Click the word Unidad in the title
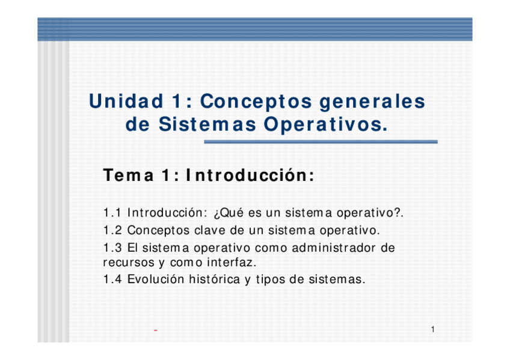tap(126, 101)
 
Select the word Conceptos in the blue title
tap(256, 101)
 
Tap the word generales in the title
tap(372, 102)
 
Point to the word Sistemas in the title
tap(207, 124)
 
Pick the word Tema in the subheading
tap(128, 175)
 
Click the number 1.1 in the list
tap(112, 213)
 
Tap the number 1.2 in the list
tap(112, 230)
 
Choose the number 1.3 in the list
tap(112, 248)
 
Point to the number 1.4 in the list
tap(112, 279)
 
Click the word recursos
tap(129, 263)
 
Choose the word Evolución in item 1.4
tap(156, 279)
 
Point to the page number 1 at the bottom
tap(433, 329)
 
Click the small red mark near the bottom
tap(156, 331)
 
